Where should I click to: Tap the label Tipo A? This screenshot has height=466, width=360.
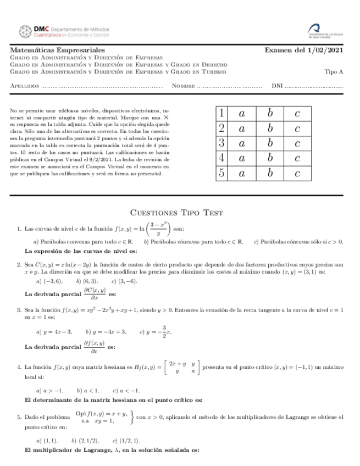click(334, 71)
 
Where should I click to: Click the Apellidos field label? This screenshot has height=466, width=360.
click(25, 86)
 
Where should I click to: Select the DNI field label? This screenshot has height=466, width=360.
click(278, 86)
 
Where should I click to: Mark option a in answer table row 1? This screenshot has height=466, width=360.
click(241, 114)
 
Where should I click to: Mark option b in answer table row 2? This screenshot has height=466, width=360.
click(270, 129)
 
